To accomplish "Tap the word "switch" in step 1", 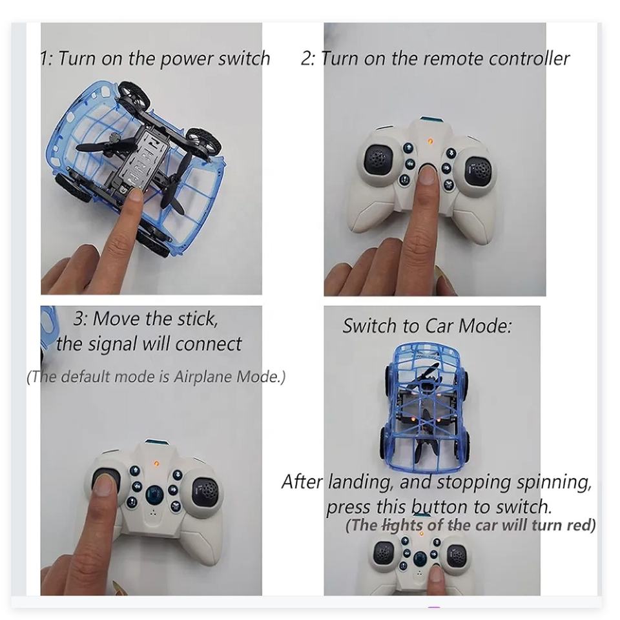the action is (244, 58).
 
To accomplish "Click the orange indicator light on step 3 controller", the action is (156, 463).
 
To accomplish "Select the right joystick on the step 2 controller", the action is (479, 170).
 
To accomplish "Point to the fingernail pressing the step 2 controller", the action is (426, 174).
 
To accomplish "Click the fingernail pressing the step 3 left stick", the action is (104, 485).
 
